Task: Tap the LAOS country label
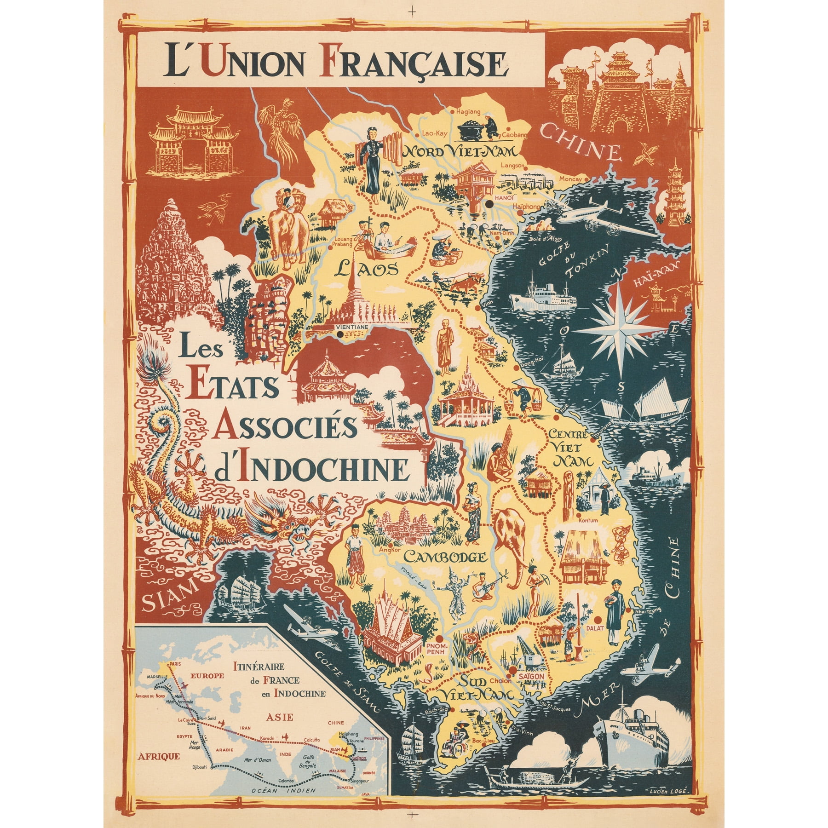365,268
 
